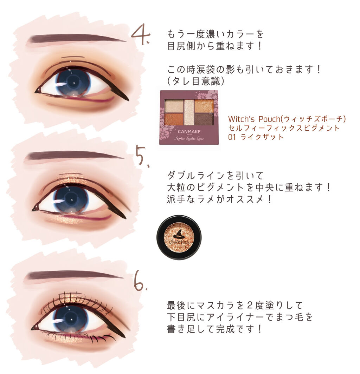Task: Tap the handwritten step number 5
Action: [x=143, y=156]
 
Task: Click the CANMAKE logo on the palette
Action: [x=189, y=132]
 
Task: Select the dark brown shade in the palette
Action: [x=204, y=119]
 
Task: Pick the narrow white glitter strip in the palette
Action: [x=189, y=112]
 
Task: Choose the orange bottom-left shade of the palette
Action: [x=174, y=119]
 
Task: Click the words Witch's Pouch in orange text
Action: [x=254, y=119]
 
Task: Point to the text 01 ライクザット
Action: [x=256, y=137]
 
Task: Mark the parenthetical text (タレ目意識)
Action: [x=196, y=81]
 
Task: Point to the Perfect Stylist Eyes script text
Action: [x=189, y=138]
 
